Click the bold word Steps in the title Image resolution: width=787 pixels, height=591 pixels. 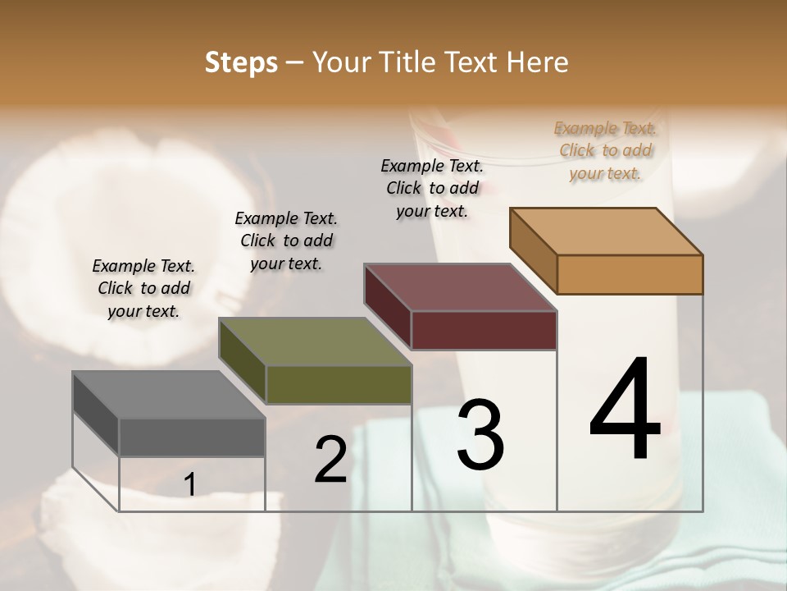pos(241,62)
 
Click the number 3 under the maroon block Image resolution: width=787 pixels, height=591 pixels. pos(480,434)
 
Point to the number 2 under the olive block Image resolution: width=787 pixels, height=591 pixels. pos(331,460)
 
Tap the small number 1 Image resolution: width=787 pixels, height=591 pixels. pos(190,485)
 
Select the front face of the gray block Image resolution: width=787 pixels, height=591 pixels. pos(192,437)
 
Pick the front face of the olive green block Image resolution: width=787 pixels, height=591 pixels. pos(339,384)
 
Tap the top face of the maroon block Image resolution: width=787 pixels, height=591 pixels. pos(460,287)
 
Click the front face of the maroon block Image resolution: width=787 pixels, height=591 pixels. pos(484,330)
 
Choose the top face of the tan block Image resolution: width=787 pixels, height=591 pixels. pos(607,231)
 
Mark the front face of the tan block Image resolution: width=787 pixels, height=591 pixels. pos(630,274)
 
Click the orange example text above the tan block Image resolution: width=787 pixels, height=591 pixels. pos(605,150)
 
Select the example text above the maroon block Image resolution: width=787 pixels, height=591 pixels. pos(432,188)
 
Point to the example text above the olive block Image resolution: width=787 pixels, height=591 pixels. pos(286,241)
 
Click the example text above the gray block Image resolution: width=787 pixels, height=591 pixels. pos(143,288)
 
